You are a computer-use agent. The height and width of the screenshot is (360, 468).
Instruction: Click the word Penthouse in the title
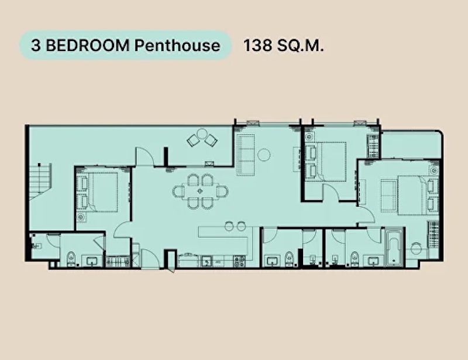(177, 46)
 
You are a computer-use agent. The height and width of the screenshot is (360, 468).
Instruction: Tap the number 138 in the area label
(257, 46)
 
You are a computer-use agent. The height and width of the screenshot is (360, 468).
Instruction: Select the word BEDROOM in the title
(88, 46)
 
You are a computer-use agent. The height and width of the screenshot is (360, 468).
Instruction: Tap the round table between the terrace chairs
(202, 133)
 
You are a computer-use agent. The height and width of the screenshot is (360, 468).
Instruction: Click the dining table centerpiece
(200, 191)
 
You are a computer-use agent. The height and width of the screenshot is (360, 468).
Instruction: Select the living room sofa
(246, 155)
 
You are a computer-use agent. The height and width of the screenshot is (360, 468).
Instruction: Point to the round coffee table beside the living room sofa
(264, 155)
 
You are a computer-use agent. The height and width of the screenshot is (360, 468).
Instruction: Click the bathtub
(394, 248)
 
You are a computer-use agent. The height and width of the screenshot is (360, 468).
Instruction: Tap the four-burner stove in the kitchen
(239, 262)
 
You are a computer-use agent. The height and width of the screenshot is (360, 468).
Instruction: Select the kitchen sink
(207, 262)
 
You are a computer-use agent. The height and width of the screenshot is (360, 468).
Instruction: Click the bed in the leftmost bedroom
(98, 192)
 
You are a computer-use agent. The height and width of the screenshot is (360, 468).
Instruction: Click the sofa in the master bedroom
(388, 192)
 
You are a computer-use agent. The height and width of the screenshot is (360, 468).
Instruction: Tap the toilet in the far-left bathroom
(71, 259)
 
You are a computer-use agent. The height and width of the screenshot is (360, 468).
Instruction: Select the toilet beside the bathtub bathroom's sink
(355, 259)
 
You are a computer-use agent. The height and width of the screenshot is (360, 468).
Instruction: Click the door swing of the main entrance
(151, 259)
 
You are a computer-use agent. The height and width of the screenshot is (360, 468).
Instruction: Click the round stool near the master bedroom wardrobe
(416, 248)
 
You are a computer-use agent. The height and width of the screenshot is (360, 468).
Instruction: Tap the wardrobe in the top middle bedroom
(373, 146)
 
